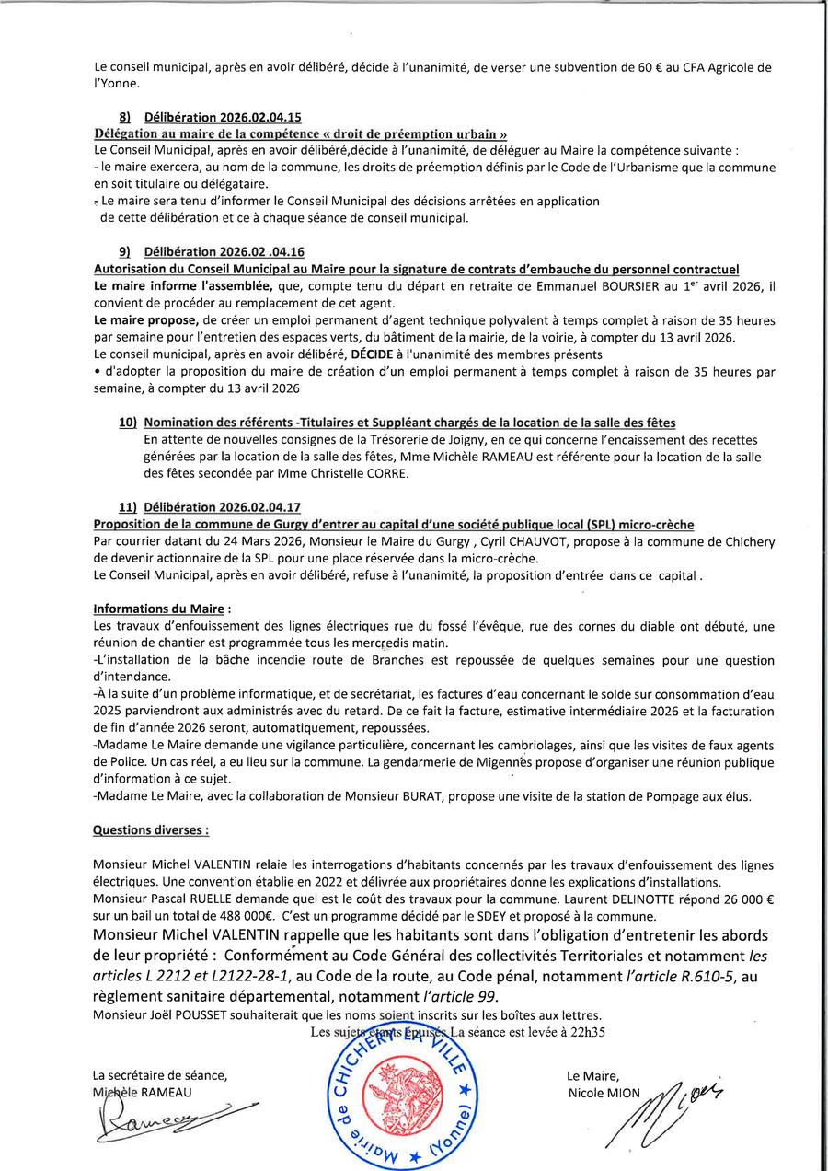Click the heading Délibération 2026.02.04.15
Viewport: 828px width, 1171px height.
click(224, 118)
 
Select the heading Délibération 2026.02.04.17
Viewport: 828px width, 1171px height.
click(223, 507)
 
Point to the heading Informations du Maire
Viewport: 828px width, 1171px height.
click(162, 609)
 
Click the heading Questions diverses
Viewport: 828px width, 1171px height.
click(151, 830)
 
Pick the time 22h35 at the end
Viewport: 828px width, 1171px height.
click(585, 1032)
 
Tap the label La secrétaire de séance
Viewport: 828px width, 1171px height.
click(160, 1075)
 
